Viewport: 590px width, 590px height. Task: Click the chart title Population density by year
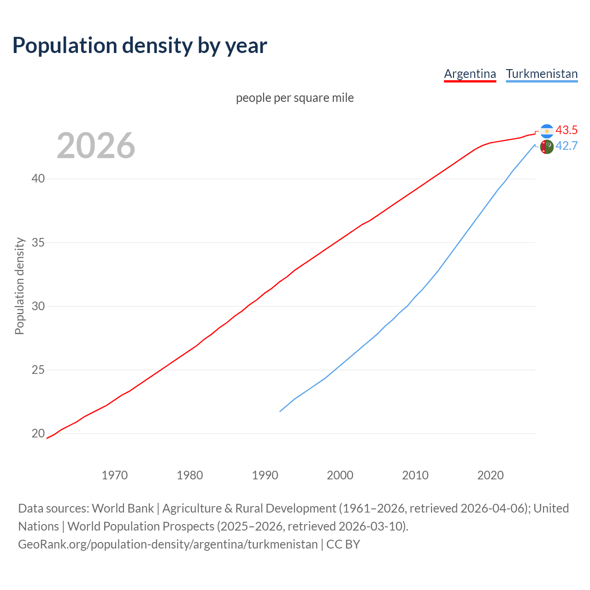click(x=140, y=46)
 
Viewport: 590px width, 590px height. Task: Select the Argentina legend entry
click(x=470, y=74)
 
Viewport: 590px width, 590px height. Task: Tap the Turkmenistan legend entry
click(x=542, y=74)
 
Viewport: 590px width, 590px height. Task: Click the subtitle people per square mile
click(x=295, y=98)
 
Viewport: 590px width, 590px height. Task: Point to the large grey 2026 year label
click(x=96, y=146)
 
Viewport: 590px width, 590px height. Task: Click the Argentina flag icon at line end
click(x=547, y=131)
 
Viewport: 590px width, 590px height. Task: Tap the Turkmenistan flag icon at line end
click(x=547, y=147)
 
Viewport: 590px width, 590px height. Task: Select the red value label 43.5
click(x=566, y=130)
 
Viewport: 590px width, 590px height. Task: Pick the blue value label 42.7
click(x=566, y=146)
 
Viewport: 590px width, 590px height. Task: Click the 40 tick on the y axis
click(x=38, y=178)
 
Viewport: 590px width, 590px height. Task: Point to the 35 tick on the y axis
click(x=38, y=242)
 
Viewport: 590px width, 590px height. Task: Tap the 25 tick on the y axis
click(x=38, y=370)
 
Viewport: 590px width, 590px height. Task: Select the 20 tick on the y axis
click(x=38, y=433)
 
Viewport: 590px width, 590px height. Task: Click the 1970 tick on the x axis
click(x=115, y=475)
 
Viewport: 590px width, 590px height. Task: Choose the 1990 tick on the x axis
click(x=265, y=475)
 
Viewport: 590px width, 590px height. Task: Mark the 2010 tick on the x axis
click(x=415, y=475)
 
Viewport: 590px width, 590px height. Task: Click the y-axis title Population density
click(x=19, y=286)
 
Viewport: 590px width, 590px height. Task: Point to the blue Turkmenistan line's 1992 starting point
click(x=280, y=411)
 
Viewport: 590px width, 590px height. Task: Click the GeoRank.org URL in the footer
click(x=168, y=544)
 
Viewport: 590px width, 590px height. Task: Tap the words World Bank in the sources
click(x=123, y=508)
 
